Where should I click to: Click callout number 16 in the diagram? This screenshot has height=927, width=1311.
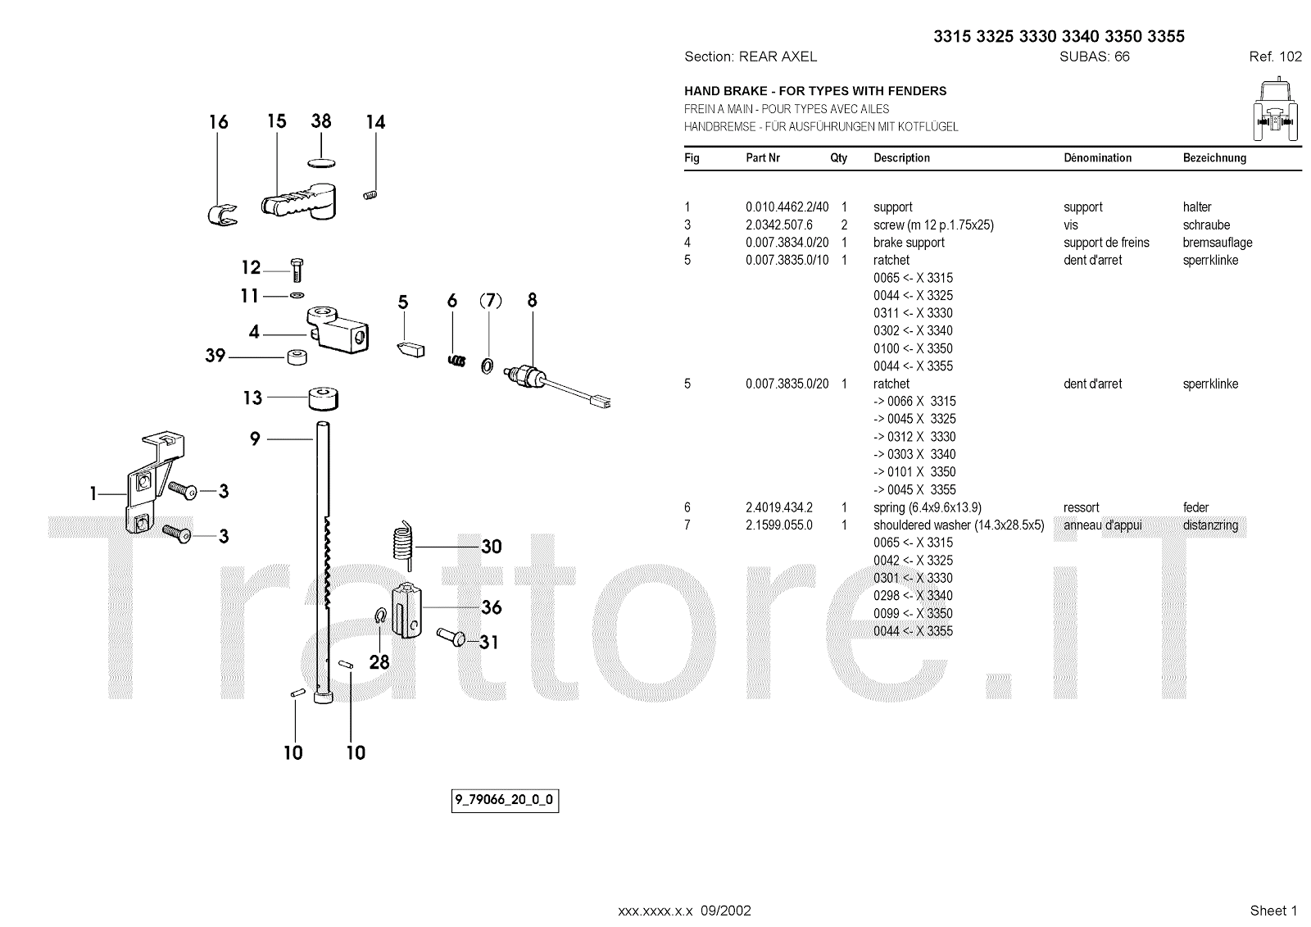[218, 122]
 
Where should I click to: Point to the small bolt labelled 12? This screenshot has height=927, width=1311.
[297, 268]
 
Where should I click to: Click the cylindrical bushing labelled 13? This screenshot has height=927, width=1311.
[324, 399]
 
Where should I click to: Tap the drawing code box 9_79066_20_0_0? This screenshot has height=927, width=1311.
[505, 800]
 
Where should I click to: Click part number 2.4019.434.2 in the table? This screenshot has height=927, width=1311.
[778, 507]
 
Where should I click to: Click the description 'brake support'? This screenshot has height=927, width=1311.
[909, 243]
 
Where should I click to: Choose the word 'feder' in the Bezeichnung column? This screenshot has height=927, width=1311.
[1195, 507]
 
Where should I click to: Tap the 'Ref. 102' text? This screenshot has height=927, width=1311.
[1275, 57]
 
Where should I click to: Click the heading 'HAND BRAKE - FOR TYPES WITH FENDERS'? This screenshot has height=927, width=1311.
[815, 91]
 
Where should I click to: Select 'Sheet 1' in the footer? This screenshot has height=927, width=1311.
[1273, 911]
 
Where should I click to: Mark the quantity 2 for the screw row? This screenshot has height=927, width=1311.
[844, 225]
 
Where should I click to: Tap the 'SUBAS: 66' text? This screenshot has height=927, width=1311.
[1094, 57]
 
